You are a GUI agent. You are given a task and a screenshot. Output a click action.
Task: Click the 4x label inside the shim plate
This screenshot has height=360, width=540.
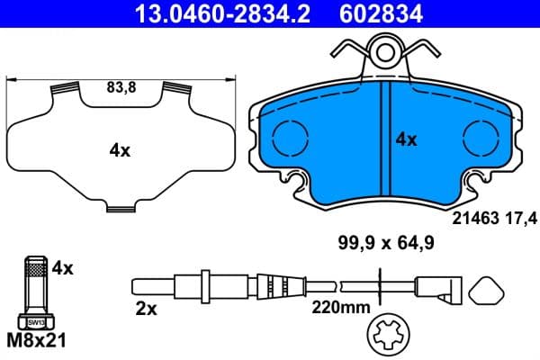point(120,150)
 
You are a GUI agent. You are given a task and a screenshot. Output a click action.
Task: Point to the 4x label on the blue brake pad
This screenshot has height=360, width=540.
point(407,139)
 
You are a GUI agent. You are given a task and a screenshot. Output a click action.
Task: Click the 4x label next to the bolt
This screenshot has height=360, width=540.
point(62,267)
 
